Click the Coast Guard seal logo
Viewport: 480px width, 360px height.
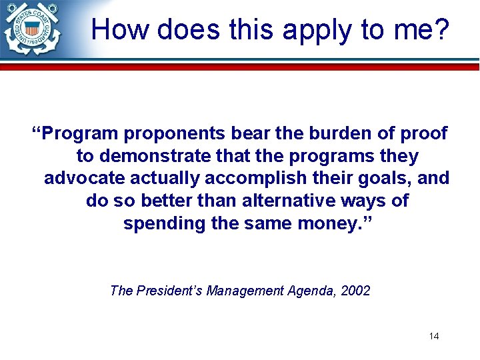click(x=31, y=29)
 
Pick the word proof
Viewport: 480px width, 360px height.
click(x=423, y=133)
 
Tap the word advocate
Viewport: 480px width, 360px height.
click(x=85, y=179)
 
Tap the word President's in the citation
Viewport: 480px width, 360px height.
click(x=169, y=291)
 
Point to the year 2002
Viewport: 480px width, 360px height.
click(x=356, y=291)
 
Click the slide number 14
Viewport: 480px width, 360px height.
click(x=433, y=336)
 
